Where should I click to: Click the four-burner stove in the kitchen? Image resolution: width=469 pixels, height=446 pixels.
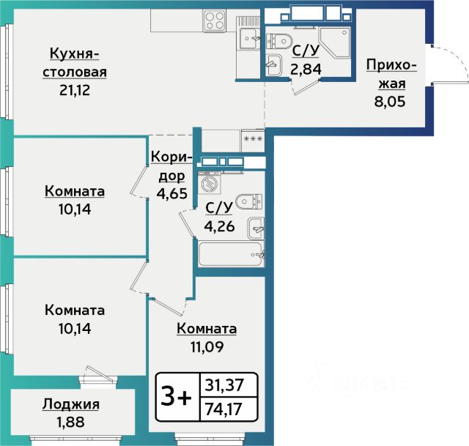[x=214, y=21]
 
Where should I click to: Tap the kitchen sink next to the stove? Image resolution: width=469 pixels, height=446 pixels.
[x=248, y=38]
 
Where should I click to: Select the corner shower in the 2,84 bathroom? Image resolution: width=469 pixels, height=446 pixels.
[x=335, y=42]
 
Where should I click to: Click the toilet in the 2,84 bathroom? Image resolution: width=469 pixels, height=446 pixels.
[x=279, y=41]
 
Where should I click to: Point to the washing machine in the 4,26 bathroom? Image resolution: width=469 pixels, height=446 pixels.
[x=210, y=183]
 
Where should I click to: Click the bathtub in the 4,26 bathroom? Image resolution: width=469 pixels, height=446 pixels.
[x=231, y=254]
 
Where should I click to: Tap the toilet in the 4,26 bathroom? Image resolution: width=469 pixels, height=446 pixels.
[x=249, y=201]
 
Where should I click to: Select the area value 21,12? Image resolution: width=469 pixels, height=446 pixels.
[x=75, y=89]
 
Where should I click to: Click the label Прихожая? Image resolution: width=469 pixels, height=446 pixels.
[x=391, y=74]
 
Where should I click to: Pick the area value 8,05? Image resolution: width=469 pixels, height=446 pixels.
[x=390, y=101]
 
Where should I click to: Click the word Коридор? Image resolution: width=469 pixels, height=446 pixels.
[x=171, y=166]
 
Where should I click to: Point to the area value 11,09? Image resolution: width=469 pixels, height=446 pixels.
[x=207, y=346]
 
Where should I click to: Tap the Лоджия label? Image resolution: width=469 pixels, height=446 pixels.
[x=71, y=405]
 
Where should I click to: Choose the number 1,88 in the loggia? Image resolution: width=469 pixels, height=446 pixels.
[x=71, y=422]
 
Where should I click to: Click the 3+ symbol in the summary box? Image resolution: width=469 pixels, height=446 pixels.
[x=177, y=397]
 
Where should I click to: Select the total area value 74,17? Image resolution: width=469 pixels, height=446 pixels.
[x=224, y=409]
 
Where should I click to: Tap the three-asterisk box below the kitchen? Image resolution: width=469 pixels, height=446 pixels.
[x=253, y=140]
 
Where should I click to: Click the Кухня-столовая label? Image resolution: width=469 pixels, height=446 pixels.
[x=75, y=63]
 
